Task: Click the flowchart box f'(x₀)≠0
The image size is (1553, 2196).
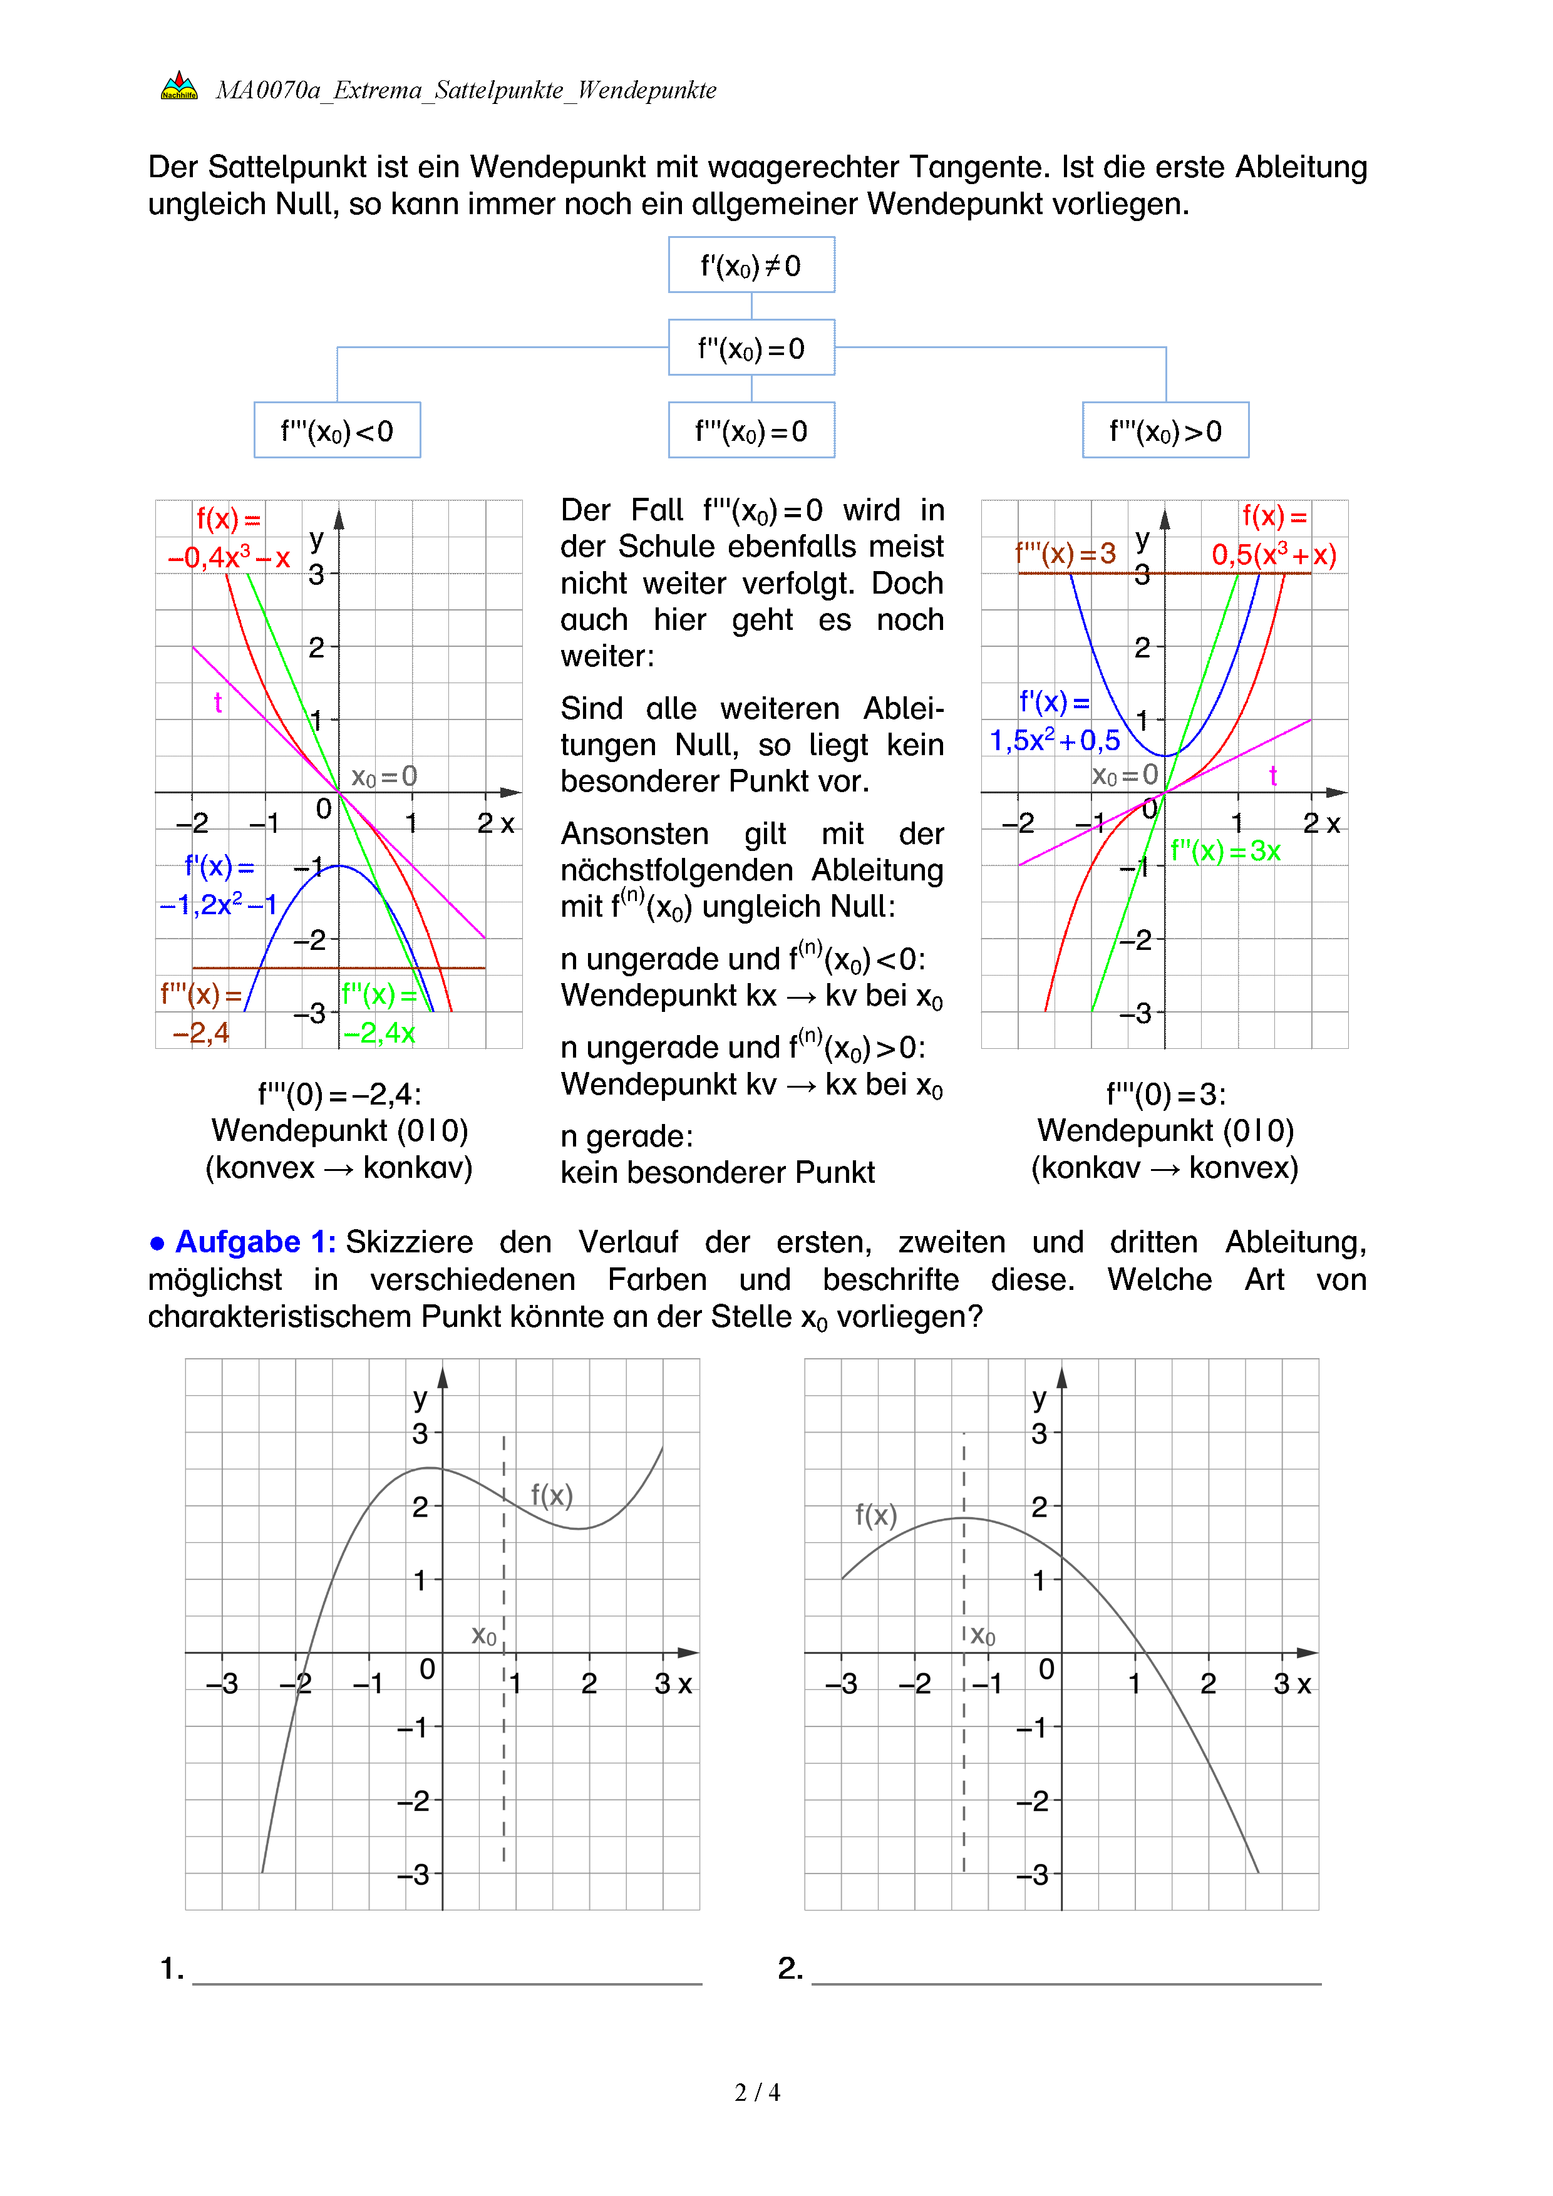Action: (x=751, y=265)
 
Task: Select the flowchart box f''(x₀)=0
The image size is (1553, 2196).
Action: (x=751, y=347)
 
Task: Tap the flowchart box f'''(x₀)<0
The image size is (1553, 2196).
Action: (x=337, y=430)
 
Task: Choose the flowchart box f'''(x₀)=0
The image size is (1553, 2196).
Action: (x=751, y=430)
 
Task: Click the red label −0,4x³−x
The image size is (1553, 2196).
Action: (x=229, y=557)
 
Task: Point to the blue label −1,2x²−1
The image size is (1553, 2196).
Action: (x=218, y=904)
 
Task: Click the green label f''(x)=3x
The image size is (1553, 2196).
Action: (x=1225, y=850)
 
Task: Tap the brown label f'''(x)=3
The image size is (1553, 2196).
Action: (x=1065, y=553)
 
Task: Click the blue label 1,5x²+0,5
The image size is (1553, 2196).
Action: (x=1055, y=740)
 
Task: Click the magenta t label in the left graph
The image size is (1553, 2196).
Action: (x=218, y=703)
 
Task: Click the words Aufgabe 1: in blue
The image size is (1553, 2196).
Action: (x=255, y=1242)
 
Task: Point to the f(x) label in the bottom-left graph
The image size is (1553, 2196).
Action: (x=552, y=1495)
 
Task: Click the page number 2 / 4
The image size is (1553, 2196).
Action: (x=757, y=2093)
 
